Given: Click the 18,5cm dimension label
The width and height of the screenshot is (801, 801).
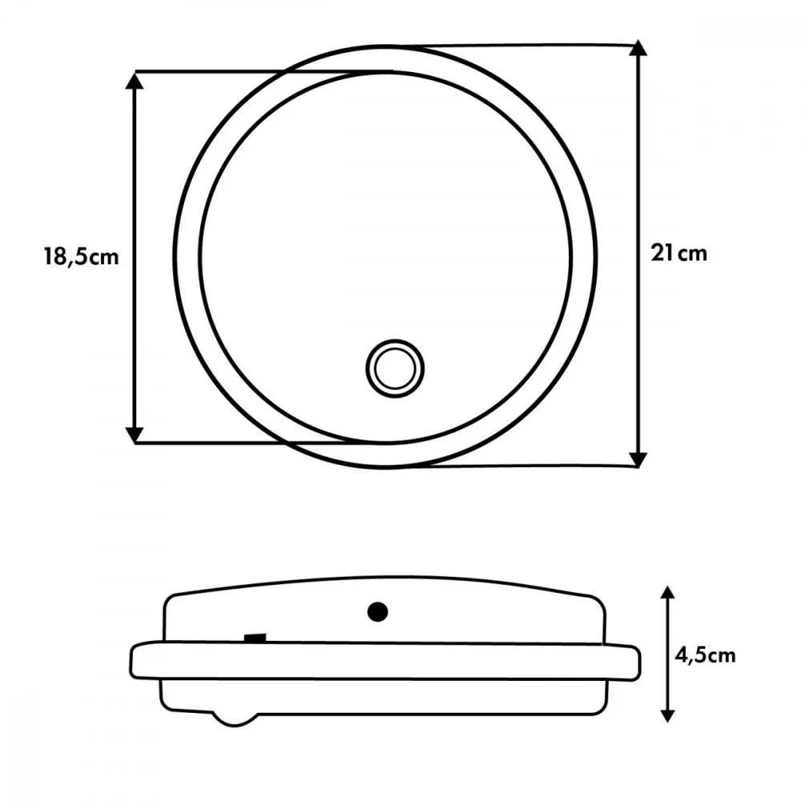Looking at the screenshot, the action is click(x=81, y=256).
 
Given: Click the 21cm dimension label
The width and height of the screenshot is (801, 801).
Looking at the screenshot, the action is click(x=679, y=253).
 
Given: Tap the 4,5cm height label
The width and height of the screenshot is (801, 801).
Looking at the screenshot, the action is click(x=706, y=655).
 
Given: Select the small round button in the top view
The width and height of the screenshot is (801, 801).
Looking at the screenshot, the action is click(x=395, y=368).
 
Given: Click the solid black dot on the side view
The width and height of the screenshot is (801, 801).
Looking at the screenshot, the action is click(x=377, y=611).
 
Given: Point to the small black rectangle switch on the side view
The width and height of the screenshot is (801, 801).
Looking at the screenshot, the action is click(x=255, y=638).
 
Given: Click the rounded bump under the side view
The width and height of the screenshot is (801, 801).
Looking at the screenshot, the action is click(x=235, y=718).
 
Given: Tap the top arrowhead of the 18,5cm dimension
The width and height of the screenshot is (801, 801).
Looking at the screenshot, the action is click(x=135, y=81).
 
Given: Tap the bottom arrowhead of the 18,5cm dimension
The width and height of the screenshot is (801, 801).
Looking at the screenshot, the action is click(x=135, y=434).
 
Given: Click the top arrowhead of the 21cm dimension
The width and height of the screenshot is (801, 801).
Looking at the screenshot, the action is click(x=638, y=47).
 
